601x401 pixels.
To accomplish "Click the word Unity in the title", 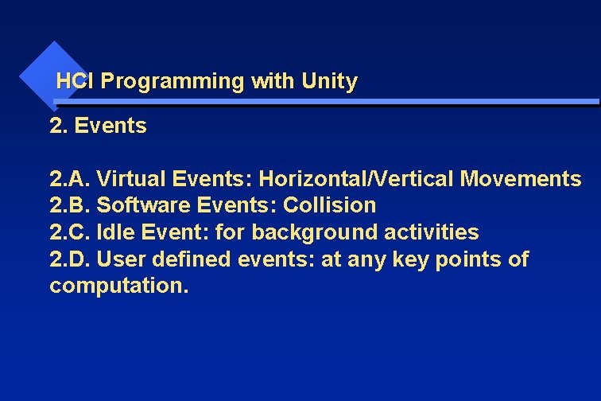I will (x=329, y=81).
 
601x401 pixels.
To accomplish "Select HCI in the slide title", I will (x=76, y=81).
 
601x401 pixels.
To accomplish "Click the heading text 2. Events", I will (x=98, y=126).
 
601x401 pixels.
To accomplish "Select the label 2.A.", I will (x=70, y=179).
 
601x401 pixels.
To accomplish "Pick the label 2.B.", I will (x=70, y=205).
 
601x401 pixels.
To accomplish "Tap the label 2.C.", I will (x=70, y=232).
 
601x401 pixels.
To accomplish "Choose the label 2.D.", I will (x=70, y=259).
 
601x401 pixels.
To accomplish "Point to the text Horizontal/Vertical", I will (x=356, y=179).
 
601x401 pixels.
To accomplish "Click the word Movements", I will (x=520, y=179).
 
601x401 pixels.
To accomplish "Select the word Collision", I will (x=330, y=205).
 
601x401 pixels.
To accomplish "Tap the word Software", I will (x=144, y=205).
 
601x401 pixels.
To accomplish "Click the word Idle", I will (x=111, y=232).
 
